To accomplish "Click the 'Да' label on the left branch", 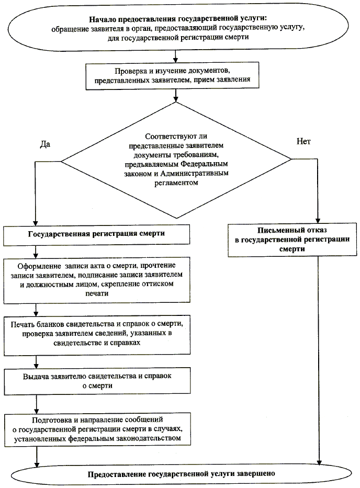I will coord(45,144).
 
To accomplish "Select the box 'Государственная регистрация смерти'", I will coord(96,234).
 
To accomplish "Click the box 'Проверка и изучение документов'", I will coord(174,76).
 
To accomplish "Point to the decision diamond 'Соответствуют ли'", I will coord(178,160).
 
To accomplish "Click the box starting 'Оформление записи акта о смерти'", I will coord(96,280).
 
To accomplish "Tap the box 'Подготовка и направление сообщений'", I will coord(96,429).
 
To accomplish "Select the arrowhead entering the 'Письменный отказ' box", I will coord(318,220).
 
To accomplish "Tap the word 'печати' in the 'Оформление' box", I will coord(95,294).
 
